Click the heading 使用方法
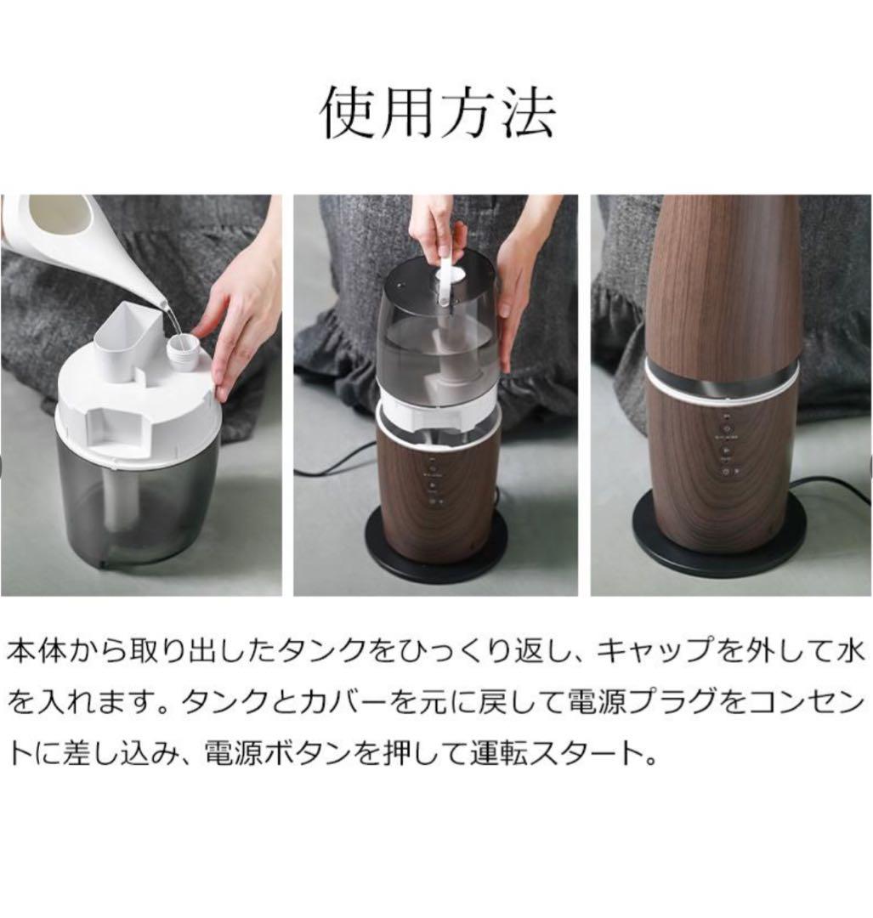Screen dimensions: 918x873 [437, 112]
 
